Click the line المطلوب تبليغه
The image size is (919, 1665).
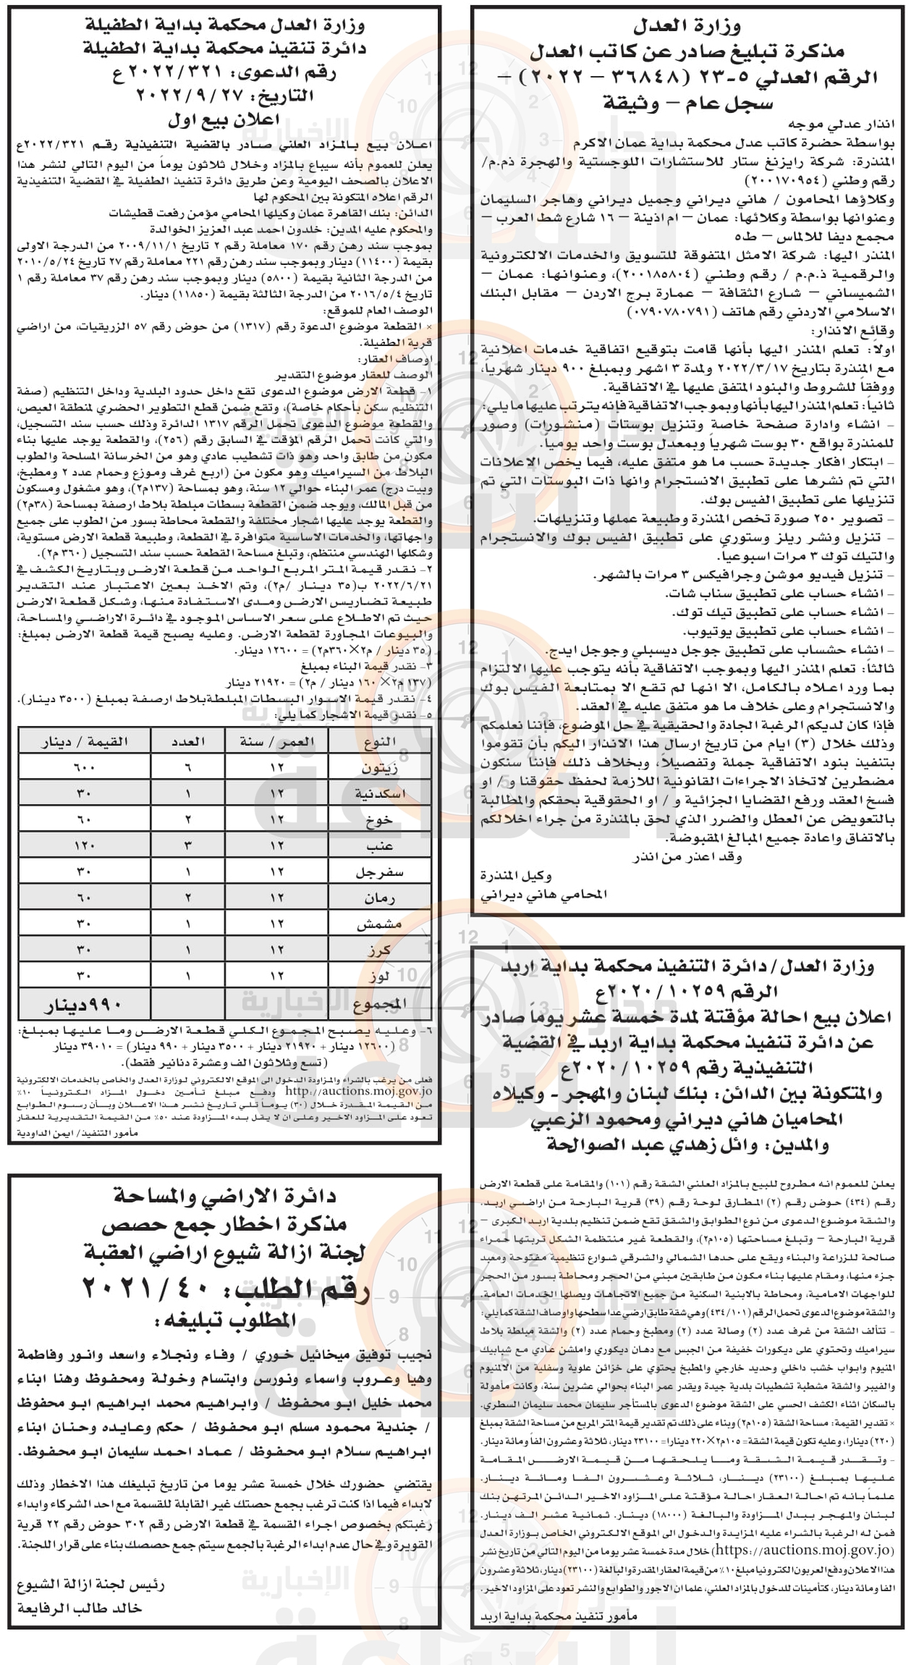coord(224,1319)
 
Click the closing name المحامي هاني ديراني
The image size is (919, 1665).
coord(543,894)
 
